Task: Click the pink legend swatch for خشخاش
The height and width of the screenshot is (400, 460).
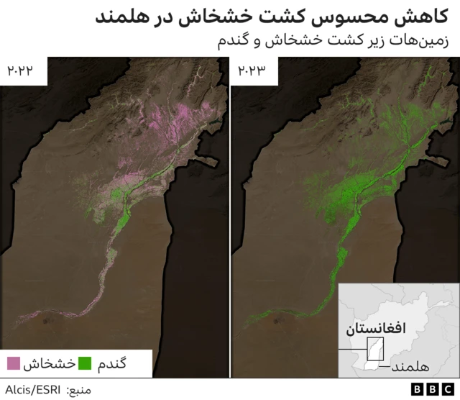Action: coord(14,363)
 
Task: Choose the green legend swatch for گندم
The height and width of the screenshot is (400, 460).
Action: coord(86,363)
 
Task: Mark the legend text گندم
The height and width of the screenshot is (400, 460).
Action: coord(112,363)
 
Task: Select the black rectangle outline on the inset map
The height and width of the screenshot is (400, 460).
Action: coord(375,348)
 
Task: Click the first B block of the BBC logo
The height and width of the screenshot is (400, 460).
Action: coord(418,388)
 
